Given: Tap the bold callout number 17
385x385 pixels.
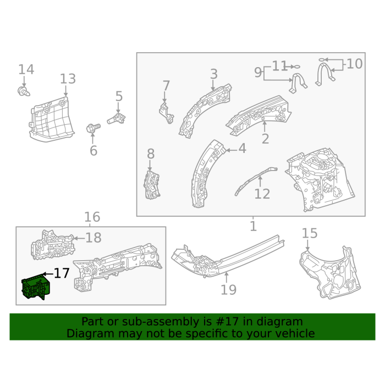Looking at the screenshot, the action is tap(62, 273).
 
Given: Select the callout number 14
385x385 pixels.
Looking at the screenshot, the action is tap(26, 69).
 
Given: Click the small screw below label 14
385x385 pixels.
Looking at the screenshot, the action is tap(24, 91).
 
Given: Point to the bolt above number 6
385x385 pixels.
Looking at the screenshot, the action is tap(94, 128).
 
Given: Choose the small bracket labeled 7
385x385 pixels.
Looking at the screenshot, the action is tap(167, 113).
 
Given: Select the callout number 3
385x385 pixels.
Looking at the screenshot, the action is tap(214, 74).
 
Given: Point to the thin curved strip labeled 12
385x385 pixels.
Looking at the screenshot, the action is tap(256, 180).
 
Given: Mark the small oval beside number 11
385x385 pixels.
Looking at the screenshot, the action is tap(297, 67).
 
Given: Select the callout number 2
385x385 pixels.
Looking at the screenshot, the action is tap(266, 139).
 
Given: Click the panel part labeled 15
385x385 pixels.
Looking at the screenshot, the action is tap(330, 273).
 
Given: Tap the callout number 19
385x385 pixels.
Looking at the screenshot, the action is tap(229, 290).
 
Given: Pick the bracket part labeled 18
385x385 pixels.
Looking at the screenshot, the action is tap(53, 245).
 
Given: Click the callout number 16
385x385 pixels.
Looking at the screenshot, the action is tap(92, 217).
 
